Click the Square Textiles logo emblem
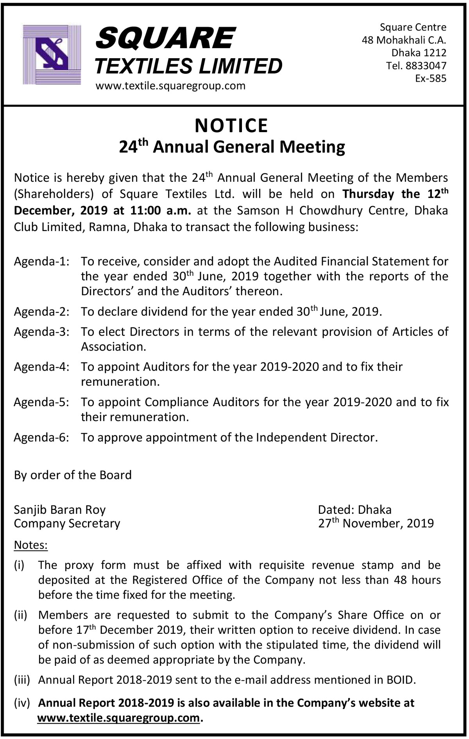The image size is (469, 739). (52, 54)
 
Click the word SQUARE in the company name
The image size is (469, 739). (165, 39)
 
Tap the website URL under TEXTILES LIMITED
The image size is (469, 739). (170, 86)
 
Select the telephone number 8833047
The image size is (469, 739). (426, 66)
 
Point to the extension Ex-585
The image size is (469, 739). (431, 79)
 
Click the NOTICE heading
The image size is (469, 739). (231, 126)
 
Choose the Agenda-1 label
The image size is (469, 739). (42, 261)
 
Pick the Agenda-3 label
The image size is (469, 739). (42, 332)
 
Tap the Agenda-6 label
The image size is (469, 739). (42, 437)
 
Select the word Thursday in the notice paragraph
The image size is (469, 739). (368, 194)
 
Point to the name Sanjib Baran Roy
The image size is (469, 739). (60, 510)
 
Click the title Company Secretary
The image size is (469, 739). (67, 524)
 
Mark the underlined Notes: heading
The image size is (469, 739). (30, 545)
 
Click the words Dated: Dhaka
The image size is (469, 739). (354, 510)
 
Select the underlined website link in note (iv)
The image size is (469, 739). (118, 718)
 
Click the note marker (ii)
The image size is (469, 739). (21, 615)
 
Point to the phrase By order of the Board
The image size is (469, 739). (73, 475)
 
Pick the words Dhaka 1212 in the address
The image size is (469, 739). (419, 53)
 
